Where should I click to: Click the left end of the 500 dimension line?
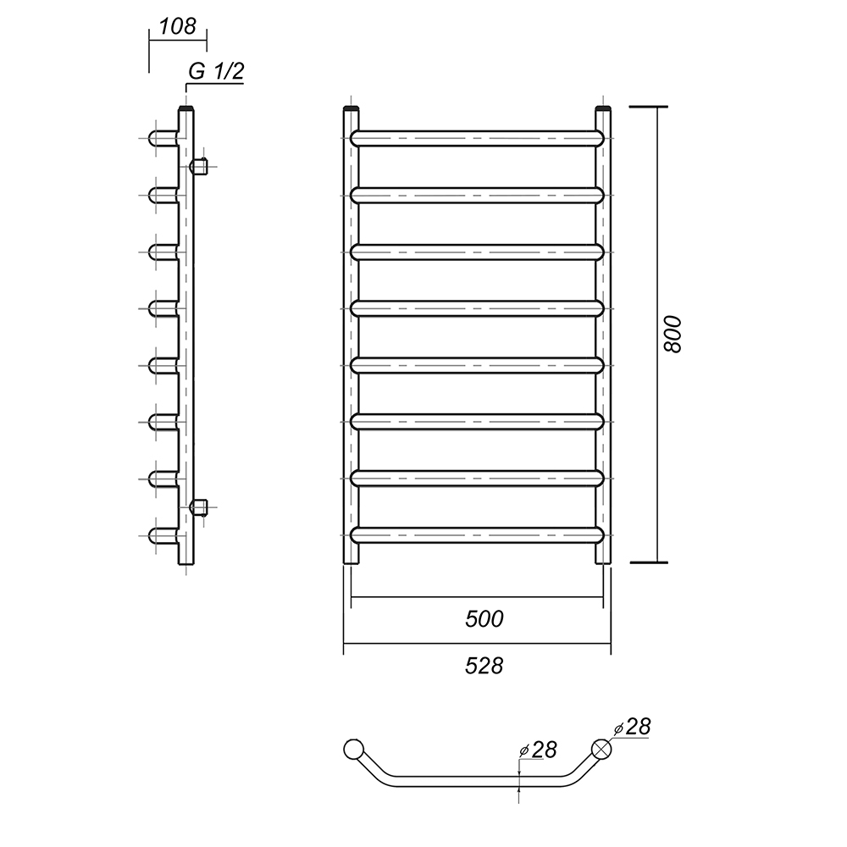(x=352, y=597)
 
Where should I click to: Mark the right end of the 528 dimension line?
(x=611, y=644)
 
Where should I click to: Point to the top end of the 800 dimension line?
(x=657, y=107)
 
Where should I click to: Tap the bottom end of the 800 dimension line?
(x=657, y=562)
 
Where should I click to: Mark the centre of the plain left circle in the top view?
(x=353, y=750)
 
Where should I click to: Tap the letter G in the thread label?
(x=197, y=71)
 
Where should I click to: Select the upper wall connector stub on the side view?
(x=199, y=166)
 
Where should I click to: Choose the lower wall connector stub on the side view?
(x=199, y=507)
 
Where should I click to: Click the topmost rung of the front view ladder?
(x=477, y=138)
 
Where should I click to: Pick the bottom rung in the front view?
(x=477, y=534)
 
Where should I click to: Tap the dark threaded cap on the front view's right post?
(x=603, y=109)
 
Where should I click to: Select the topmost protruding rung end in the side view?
(x=163, y=138)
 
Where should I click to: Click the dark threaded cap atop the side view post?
(x=185, y=109)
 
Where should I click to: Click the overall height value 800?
(x=673, y=335)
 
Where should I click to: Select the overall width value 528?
(x=484, y=666)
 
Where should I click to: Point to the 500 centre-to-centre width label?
(x=484, y=619)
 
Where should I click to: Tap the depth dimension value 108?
(x=178, y=26)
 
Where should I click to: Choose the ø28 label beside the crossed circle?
(x=632, y=727)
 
